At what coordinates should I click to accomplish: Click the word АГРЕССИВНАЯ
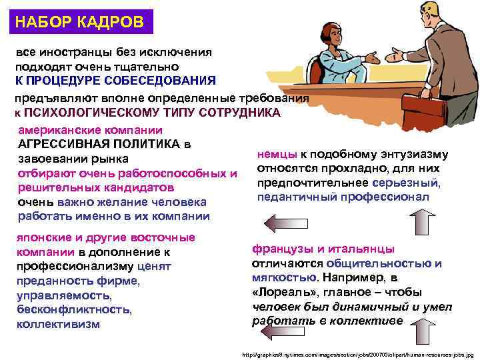point(58,144)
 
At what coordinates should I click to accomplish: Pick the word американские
point(60,130)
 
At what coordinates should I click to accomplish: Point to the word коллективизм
point(58,325)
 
